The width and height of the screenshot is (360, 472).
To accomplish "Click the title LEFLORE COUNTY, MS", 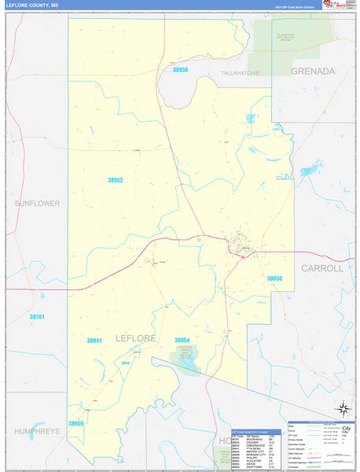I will (32, 6).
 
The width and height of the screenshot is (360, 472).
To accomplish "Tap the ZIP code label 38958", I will (181, 70).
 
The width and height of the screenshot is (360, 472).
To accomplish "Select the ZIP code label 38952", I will (116, 180).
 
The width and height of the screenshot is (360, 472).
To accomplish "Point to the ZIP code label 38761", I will (38, 316).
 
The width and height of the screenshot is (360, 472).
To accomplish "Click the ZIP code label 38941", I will (94, 340).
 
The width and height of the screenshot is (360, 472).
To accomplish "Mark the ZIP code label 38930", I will (274, 278).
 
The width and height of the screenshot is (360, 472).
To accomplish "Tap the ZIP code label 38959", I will (76, 423).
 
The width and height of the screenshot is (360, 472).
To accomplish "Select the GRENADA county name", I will (313, 71).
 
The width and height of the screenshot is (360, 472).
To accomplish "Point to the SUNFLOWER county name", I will (37, 203).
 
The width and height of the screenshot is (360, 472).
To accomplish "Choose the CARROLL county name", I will (322, 268).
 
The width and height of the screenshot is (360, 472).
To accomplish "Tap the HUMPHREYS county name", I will (37, 431).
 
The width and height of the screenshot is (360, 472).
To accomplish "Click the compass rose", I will (343, 408).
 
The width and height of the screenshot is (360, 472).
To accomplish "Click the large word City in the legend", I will (346, 429).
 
